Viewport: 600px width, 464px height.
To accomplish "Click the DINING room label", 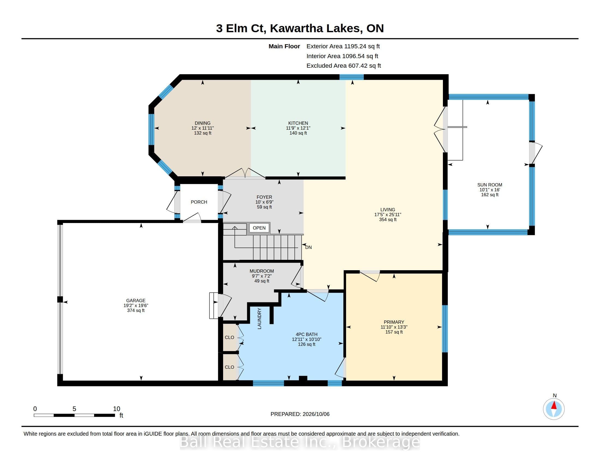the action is click(202, 123).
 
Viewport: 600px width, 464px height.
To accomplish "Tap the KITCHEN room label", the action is click(298, 123).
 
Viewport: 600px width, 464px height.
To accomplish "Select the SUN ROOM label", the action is click(490, 185).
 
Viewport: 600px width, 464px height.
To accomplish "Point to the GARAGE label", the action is click(136, 301).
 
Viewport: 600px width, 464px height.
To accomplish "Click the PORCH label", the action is click(199, 202).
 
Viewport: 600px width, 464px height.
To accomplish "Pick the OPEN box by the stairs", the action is click(259, 228).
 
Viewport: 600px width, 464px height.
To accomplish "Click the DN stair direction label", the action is click(308, 247).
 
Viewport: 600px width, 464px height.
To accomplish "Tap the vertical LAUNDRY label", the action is click(259, 319).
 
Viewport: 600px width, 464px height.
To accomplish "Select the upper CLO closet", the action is click(230, 338).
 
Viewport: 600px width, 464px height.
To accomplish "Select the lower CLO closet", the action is click(230, 367).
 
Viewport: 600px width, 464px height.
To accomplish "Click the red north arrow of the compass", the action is click(554, 405).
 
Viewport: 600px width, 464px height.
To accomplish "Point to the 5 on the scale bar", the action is click(74, 409).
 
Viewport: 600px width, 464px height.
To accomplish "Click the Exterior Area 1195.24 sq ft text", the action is click(343, 46).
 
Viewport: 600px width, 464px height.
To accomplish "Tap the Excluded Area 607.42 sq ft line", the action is click(344, 66).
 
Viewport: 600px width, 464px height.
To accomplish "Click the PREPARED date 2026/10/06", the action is click(316, 414).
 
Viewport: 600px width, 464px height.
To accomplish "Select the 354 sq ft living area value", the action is click(388, 220).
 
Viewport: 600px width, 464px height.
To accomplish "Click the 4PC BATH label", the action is click(306, 335).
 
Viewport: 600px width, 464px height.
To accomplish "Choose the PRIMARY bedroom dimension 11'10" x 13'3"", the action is click(394, 327).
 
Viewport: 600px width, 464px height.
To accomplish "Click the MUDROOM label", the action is click(262, 271).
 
